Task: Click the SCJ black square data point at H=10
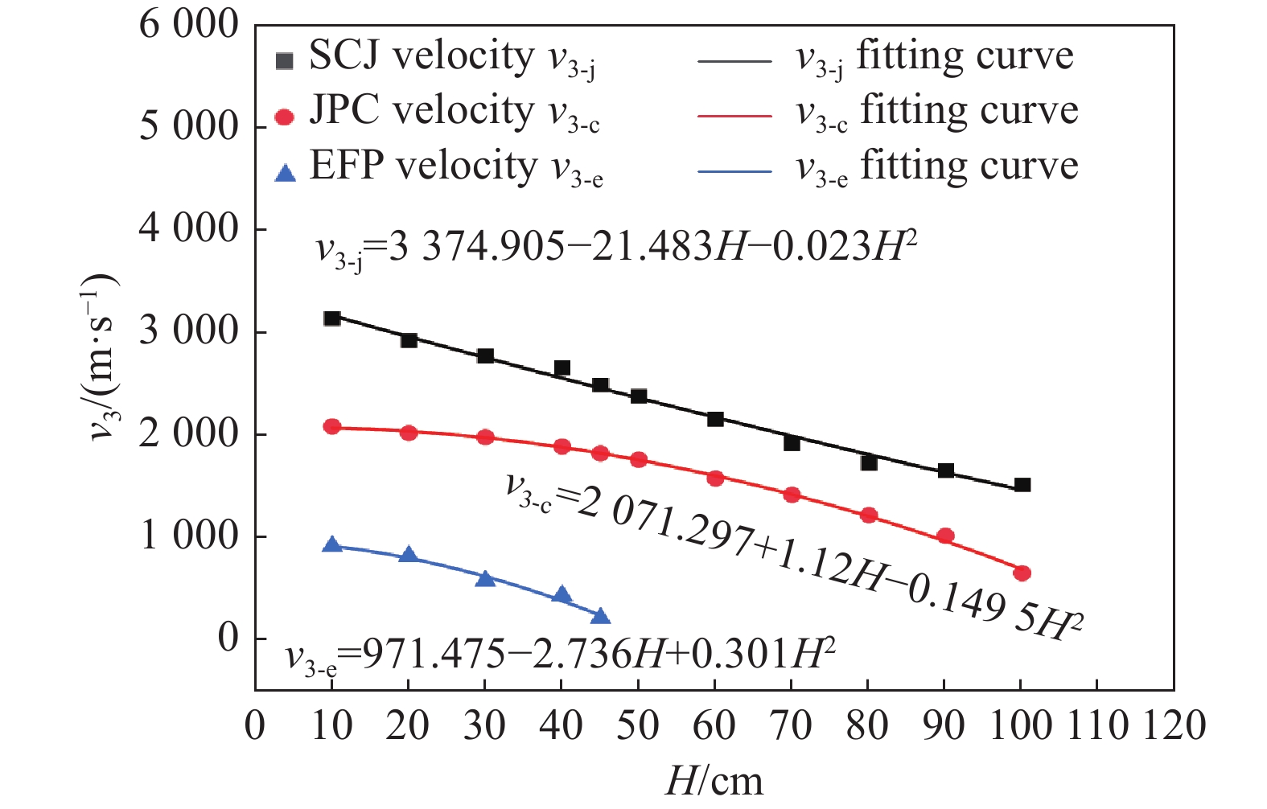(x=331, y=318)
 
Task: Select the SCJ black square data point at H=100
(x=1022, y=485)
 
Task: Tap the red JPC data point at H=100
(x=1022, y=573)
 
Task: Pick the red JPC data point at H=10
(x=331, y=427)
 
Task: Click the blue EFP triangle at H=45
(x=600, y=617)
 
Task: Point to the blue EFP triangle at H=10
(x=331, y=545)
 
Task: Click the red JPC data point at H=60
(x=715, y=478)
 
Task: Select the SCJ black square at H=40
(x=562, y=368)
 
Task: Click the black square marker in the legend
(x=284, y=61)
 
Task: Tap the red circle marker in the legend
(x=284, y=117)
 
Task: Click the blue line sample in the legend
(x=734, y=171)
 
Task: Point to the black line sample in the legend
(x=734, y=60)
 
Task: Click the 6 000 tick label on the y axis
(x=189, y=25)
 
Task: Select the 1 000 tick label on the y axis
(x=189, y=536)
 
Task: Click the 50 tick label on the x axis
(x=638, y=725)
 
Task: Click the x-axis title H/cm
(x=714, y=781)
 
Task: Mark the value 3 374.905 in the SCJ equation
(x=477, y=247)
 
